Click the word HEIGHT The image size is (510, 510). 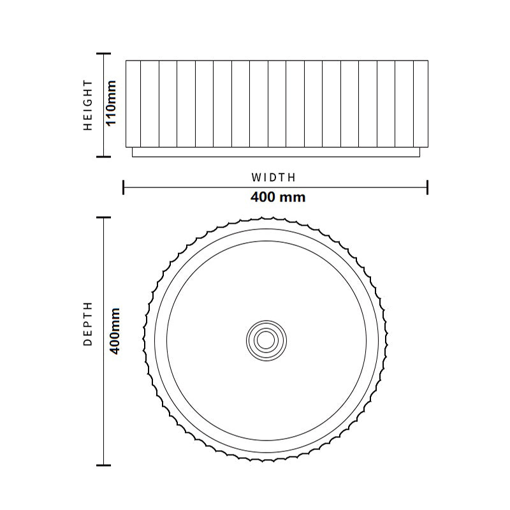point(88,105)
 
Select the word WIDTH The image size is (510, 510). point(273,177)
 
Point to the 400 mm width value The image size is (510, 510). point(278,197)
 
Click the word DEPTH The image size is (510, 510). point(88,323)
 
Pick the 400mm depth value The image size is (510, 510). point(115,331)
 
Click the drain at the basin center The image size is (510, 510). point(267,340)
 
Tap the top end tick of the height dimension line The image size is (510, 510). point(103,54)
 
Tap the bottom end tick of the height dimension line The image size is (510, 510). point(103,156)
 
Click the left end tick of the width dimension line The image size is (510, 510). point(123,187)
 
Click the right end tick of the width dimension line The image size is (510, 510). point(427,187)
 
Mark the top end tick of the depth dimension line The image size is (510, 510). point(103,217)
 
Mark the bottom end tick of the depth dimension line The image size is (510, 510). point(103,465)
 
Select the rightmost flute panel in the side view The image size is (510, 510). point(421,105)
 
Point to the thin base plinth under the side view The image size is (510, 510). point(275,153)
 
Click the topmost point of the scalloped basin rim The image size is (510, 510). point(267,217)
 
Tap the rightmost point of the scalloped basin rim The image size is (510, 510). point(390,340)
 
